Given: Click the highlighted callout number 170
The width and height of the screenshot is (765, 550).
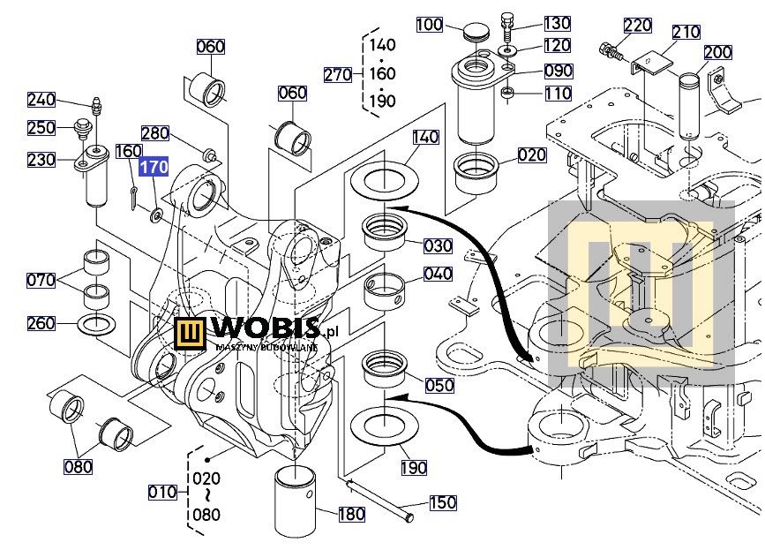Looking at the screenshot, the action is click(x=154, y=167).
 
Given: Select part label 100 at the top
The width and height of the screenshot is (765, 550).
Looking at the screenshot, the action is click(x=430, y=25).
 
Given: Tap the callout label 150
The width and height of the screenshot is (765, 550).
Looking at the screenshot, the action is click(x=443, y=502).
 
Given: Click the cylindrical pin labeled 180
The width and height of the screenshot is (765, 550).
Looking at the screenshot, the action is click(x=295, y=501).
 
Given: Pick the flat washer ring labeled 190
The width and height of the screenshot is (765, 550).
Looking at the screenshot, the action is click(x=385, y=426).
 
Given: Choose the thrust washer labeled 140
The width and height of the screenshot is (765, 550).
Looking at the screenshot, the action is click(x=385, y=179).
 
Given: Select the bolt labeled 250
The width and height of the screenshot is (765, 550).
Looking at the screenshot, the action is click(x=81, y=129).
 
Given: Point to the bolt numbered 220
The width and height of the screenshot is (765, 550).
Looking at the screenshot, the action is click(x=611, y=50).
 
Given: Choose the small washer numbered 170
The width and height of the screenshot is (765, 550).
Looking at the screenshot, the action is click(x=156, y=215).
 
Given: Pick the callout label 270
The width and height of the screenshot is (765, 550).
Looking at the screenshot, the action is click(x=338, y=75).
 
